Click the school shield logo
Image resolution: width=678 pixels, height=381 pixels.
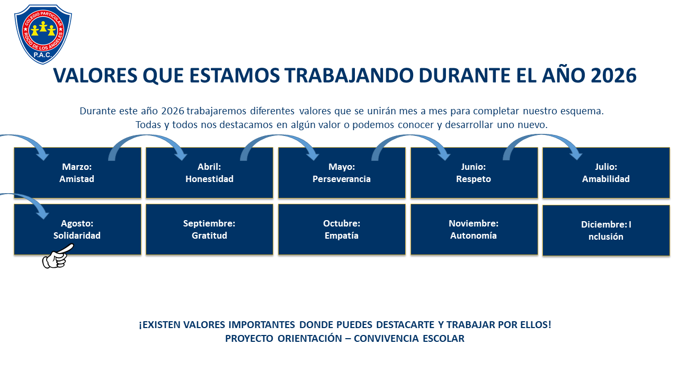pos(43,34)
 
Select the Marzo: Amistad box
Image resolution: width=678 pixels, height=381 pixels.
pos(77,173)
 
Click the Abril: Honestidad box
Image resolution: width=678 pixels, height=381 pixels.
pos(209,173)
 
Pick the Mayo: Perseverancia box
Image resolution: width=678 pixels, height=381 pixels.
pos(342,173)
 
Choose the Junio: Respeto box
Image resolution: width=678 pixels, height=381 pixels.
pos(474,173)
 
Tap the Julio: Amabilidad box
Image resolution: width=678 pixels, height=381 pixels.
pos(606,173)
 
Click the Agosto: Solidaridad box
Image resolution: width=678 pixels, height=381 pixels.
pos(77,230)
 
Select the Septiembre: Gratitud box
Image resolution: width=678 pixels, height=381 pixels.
pos(209,230)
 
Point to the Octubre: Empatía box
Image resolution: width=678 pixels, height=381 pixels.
pos(342,230)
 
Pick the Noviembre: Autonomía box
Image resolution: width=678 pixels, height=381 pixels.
pos(474,230)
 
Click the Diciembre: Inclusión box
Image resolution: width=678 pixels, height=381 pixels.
pos(606,230)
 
